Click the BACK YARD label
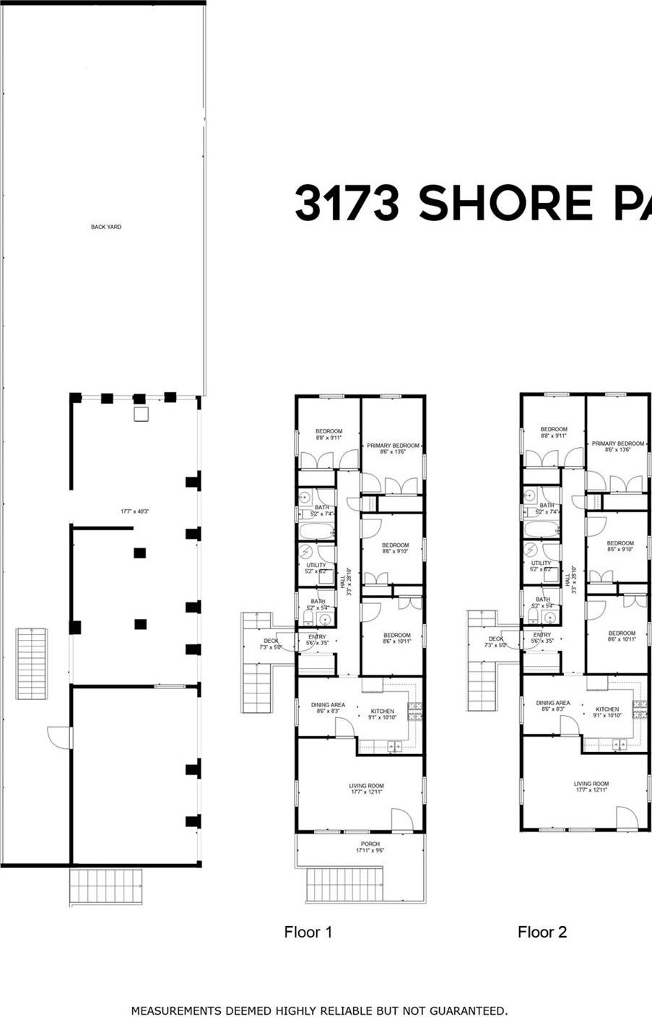[x=106, y=227]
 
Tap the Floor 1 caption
[x=308, y=932]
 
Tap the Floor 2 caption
[x=542, y=932]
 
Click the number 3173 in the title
[x=347, y=203]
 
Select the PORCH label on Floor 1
[x=370, y=844]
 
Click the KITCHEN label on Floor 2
[x=607, y=709]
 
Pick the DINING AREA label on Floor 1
[x=328, y=705]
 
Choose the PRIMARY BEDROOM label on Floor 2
[x=617, y=444]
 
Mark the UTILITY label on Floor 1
[x=316, y=566]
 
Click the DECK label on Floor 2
[x=496, y=639]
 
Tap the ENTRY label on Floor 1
[x=317, y=637]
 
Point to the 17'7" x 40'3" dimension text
[x=134, y=511]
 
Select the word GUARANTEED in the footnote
[x=464, y=1010]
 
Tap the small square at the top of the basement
[x=141, y=413]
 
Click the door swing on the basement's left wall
[x=59, y=737]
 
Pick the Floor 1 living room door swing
[x=401, y=818]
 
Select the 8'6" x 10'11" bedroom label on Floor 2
[x=621, y=636]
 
